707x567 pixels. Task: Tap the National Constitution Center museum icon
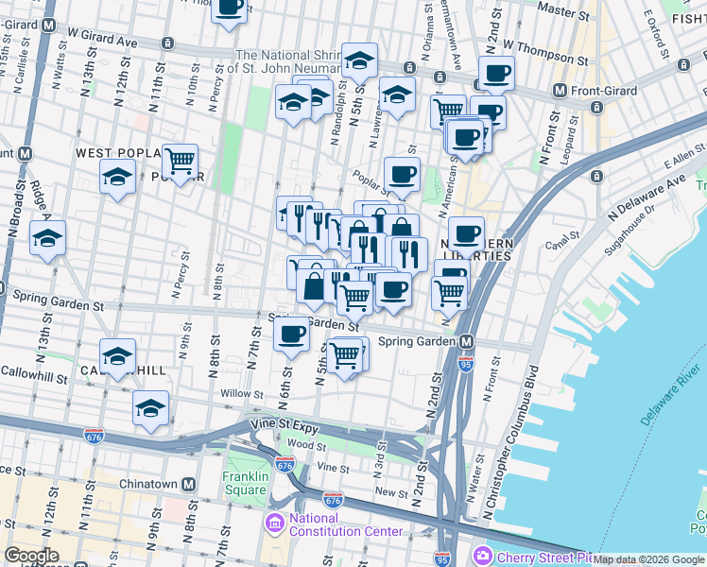[275, 523]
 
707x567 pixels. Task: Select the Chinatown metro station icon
[189, 485]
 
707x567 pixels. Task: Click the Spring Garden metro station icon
[466, 341]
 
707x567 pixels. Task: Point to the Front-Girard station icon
[560, 92]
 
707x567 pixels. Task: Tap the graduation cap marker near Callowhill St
[117, 356]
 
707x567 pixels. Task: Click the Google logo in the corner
[31, 556]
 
